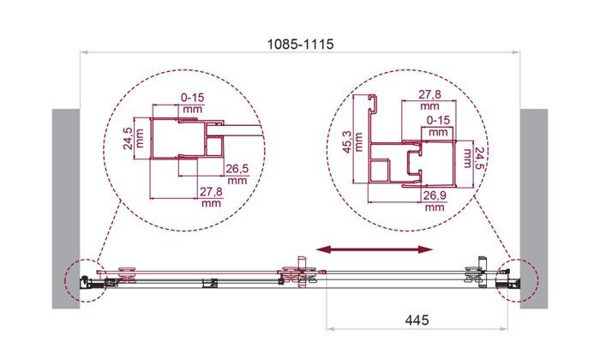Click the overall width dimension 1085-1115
(299, 43)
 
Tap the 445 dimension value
(414, 319)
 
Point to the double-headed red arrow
(374, 249)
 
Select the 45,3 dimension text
(345, 141)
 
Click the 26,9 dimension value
(434, 194)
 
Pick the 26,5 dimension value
(237, 169)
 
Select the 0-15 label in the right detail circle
(438, 122)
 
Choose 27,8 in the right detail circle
(431, 94)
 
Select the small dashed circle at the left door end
(82, 277)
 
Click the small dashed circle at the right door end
(518, 277)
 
